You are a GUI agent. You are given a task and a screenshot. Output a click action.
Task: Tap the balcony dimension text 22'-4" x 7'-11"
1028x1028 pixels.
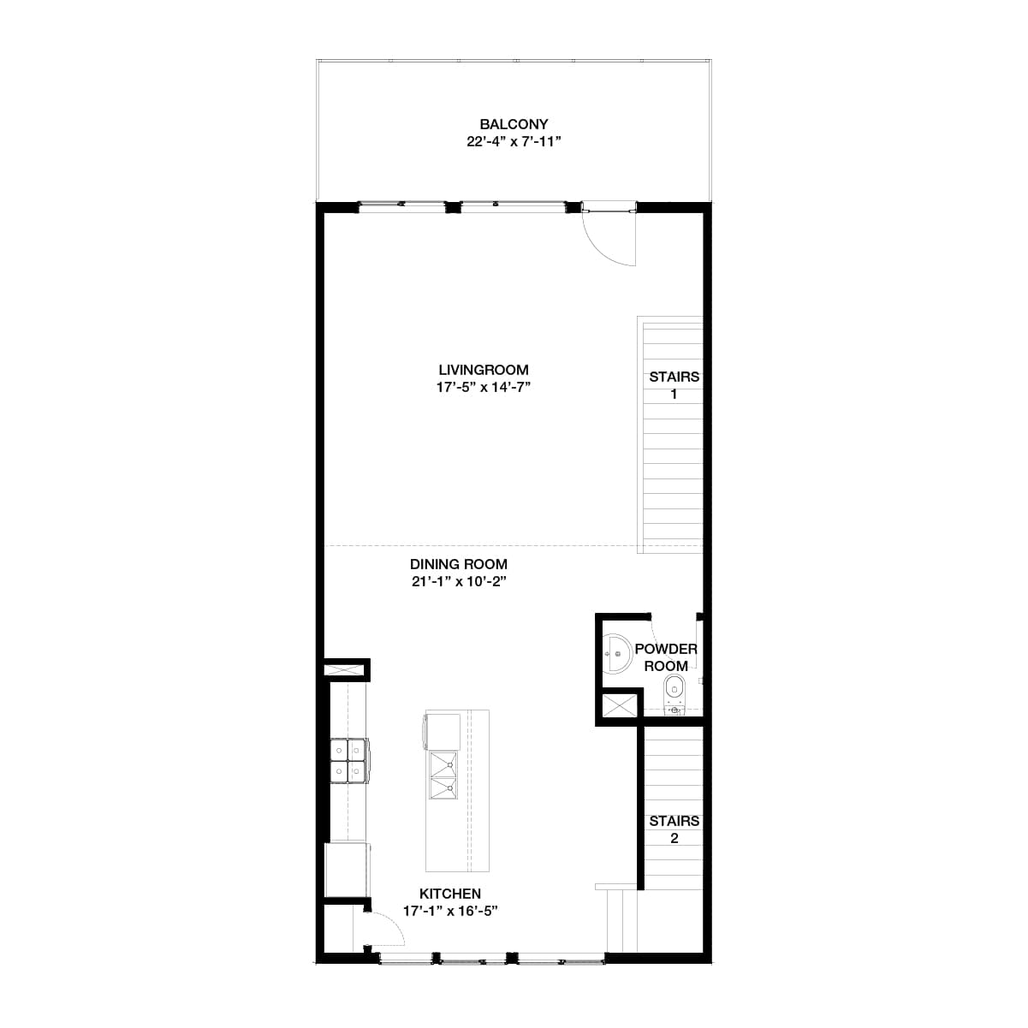pyautogui.click(x=514, y=142)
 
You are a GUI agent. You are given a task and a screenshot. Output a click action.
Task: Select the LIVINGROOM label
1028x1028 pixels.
pyautogui.click(x=484, y=370)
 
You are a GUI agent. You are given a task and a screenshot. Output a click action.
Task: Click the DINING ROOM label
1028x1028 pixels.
pyautogui.click(x=459, y=564)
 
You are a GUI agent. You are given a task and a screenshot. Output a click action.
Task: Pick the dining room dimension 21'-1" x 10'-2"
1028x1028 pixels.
pyautogui.click(x=459, y=582)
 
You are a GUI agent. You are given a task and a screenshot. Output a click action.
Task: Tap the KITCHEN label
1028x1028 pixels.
pyautogui.click(x=450, y=893)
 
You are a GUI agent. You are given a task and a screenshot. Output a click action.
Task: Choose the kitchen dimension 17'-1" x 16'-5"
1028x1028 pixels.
pyautogui.click(x=450, y=911)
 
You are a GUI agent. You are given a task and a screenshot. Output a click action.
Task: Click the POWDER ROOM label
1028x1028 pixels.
pyautogui.click(x=666, y=657)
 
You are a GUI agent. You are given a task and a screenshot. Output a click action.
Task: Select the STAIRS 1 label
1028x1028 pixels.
pyautogui.click(x=674, y=385)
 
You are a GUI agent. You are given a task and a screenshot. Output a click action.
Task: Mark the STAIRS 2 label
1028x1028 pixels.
pyautogui.click(x=674, y=829)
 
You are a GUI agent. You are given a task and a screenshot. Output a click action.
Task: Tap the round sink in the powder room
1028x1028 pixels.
pyautogui.click(x=616, y=656)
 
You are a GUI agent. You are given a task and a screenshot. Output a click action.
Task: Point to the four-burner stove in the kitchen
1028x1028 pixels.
pyautogui.click(x=349, y=761)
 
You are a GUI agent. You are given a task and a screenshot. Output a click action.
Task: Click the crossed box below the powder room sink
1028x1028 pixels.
pyautogui.click(x=620, y=707)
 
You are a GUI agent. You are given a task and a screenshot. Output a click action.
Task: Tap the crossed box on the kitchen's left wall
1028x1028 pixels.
pyautogui.click(x=346, y=669)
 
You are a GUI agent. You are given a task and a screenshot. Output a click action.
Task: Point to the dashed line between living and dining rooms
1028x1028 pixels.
pyautogui.click(x=479, y=545)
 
